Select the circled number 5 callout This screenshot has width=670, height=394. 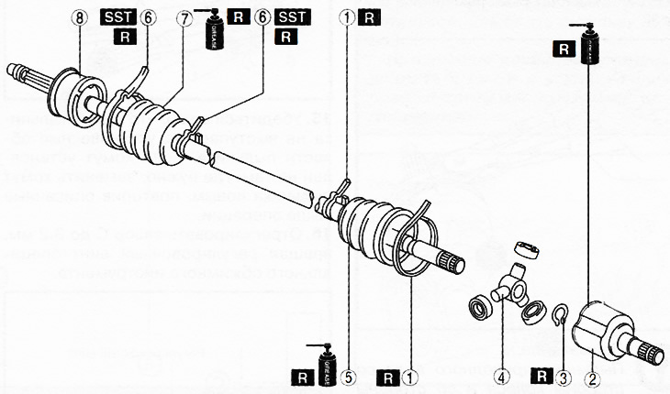pos(349,376)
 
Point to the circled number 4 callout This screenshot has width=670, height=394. pos(502,376)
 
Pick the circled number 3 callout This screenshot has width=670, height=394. pos(565,376)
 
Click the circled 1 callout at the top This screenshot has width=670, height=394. pos(349,17)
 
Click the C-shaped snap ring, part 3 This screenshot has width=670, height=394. pos(563,317)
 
